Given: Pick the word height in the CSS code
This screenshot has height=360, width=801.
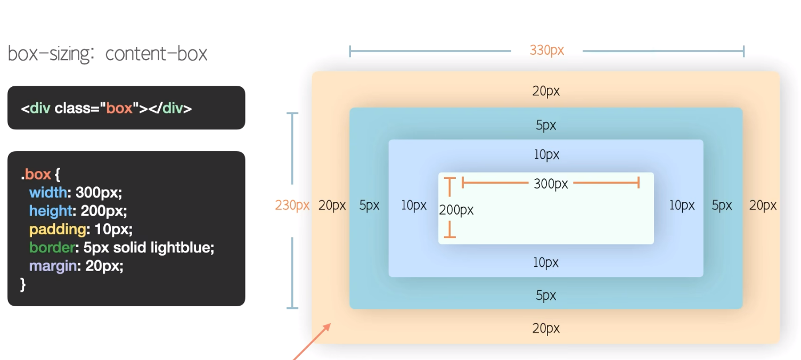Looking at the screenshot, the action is pos(51,211).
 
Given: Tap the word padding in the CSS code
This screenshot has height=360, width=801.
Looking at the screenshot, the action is pos(58,230).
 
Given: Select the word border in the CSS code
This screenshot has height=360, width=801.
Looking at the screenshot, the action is pos(52,248).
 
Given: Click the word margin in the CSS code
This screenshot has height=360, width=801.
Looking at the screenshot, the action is pos(53,266).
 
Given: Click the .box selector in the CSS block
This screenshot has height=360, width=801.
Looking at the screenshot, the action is pos(35,174).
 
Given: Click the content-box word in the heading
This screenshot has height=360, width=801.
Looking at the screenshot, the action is pos(156,54).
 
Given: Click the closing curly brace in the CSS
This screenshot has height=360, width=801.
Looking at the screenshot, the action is pos(23,284).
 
